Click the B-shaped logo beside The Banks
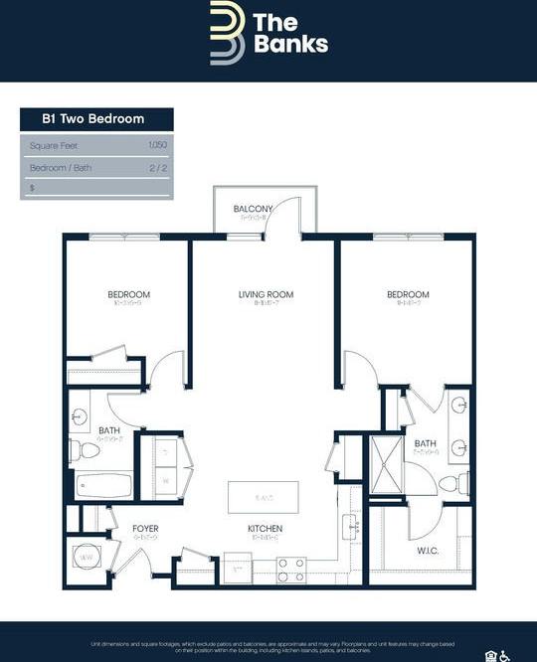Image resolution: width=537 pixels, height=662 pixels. point(227,33)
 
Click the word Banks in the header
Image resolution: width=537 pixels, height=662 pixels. point(289,44)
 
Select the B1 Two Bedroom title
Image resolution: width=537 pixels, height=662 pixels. point(92,119)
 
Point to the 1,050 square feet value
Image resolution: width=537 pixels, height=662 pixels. point(158,146)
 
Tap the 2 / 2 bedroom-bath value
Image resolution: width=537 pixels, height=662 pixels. point(158,168)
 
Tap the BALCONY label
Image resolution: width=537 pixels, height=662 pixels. point(253,209)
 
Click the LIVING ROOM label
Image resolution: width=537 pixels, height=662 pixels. point(266,295)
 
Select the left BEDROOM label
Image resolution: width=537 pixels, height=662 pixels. point(129,295)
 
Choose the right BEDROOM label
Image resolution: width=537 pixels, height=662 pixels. point(408,295)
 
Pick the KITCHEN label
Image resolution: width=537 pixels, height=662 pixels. point(266,529)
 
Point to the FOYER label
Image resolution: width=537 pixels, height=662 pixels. point(145,529)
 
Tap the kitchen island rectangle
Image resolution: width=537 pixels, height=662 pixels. point(264,496)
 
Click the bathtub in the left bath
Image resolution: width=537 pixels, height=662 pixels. point(103,486)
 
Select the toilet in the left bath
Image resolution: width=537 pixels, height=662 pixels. point(88,451)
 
